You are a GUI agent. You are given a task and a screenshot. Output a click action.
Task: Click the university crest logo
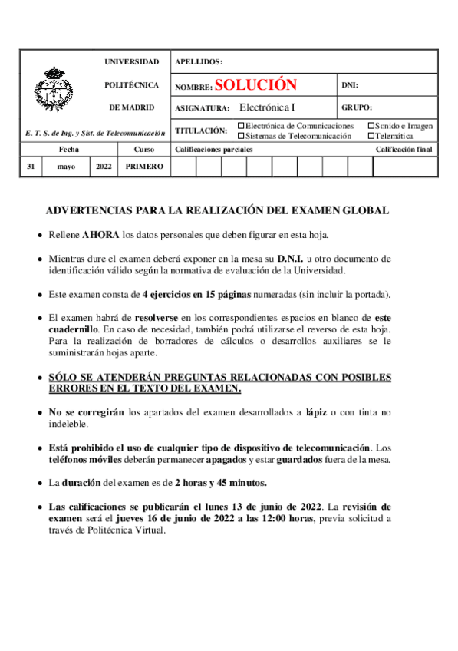coord(54,91)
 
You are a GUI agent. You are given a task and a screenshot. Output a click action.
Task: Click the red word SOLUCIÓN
coord(255,85)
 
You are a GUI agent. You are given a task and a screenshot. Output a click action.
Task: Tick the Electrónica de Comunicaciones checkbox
coord(242,126)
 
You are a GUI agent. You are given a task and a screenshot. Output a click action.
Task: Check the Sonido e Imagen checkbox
coord(371,126)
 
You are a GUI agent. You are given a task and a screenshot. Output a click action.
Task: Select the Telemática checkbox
coord(371,136)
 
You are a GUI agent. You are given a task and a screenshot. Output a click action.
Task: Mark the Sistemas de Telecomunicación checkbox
coord(242,136)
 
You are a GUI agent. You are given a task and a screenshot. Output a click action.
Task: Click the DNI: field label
coord(350,86)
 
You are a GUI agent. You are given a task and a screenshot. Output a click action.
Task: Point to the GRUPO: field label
coord(357,108)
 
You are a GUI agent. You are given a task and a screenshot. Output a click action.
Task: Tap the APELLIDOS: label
coord(199,61)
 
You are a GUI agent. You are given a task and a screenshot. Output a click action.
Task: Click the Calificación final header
coord(404,149)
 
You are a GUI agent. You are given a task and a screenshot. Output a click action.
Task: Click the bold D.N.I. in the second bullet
coord(292,258)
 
